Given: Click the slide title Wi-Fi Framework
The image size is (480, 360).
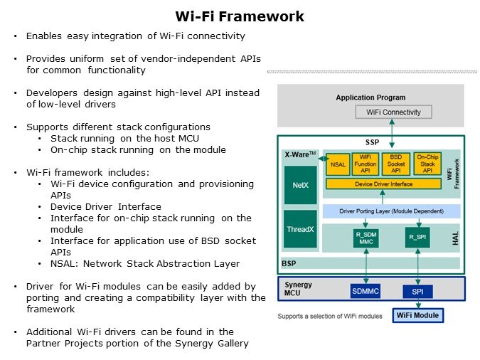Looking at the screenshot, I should click(x=240, y=16).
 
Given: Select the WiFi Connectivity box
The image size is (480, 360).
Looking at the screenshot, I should click(x=393, y=112).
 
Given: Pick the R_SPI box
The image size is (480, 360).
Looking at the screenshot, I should click(x=417, y=237).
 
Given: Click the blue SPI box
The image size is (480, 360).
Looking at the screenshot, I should click(x=417, y=292).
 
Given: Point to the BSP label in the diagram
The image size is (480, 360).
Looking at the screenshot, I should click(x=289, y=263).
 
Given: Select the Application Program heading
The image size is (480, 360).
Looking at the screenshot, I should click(x=370, y=97).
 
